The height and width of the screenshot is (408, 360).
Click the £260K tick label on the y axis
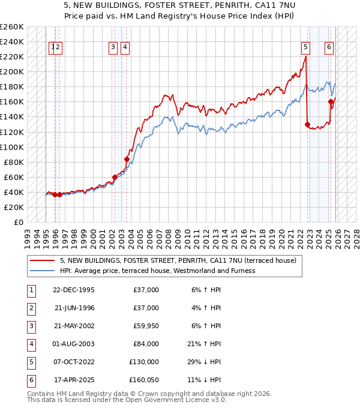[x=11, y=27]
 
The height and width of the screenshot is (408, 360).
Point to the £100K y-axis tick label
[x=11, y=147]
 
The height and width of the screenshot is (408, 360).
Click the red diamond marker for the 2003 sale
[x=127, y=159]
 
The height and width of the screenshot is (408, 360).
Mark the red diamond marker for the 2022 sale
[x=307, y=125]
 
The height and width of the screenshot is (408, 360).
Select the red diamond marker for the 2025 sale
[x=331, y=102]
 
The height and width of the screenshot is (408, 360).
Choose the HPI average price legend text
[x=157, y=271]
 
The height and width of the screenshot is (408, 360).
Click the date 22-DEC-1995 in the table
[x=73, y=290]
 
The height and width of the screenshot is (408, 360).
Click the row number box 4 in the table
[x=31, y=344]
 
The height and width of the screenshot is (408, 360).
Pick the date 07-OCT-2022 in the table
[x=73, y=362]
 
